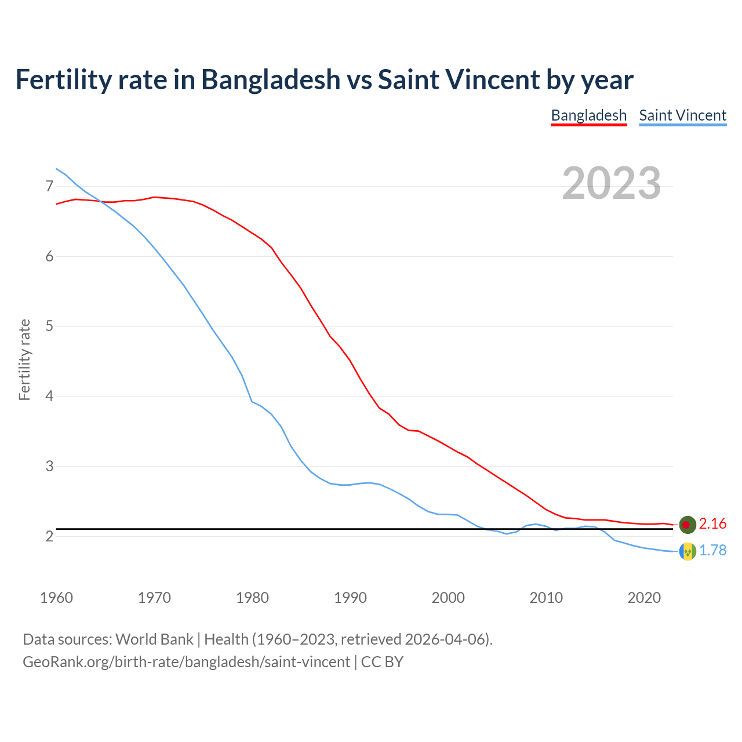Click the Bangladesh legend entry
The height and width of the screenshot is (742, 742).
(x=588, y=115)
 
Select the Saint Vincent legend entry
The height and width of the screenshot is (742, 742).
(x=682, y=115)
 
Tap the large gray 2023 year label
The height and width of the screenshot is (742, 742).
(x=612, y=183)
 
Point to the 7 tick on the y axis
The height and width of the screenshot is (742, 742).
(x=49, y=186)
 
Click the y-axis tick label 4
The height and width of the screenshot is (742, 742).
(x=49, y=397)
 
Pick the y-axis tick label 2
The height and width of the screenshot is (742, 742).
(x=49, y=536)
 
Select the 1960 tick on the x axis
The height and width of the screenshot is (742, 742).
(x=56, y=598)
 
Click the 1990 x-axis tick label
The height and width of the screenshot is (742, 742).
(x=350, y=598)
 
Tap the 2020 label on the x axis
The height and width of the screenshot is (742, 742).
(x=644, y=598)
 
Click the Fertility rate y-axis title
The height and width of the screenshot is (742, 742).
(x=24, y=359)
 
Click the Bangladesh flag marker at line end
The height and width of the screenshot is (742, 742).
(x=687, y=524)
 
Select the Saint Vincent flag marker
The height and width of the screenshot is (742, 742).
(x=687, y=551)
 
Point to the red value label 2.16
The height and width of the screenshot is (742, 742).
(x=712, y=524)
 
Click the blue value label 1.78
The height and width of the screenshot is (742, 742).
(x=712, y=551)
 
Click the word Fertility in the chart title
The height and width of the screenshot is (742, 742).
(x=63, y=79)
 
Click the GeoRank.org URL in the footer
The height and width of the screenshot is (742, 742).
(x=186, y=662)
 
